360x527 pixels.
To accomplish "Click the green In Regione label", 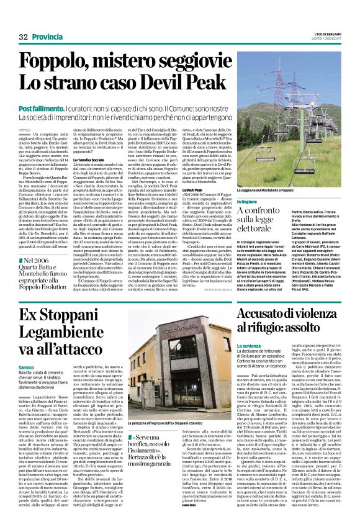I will pyautogui.click(x=246, y=202).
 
